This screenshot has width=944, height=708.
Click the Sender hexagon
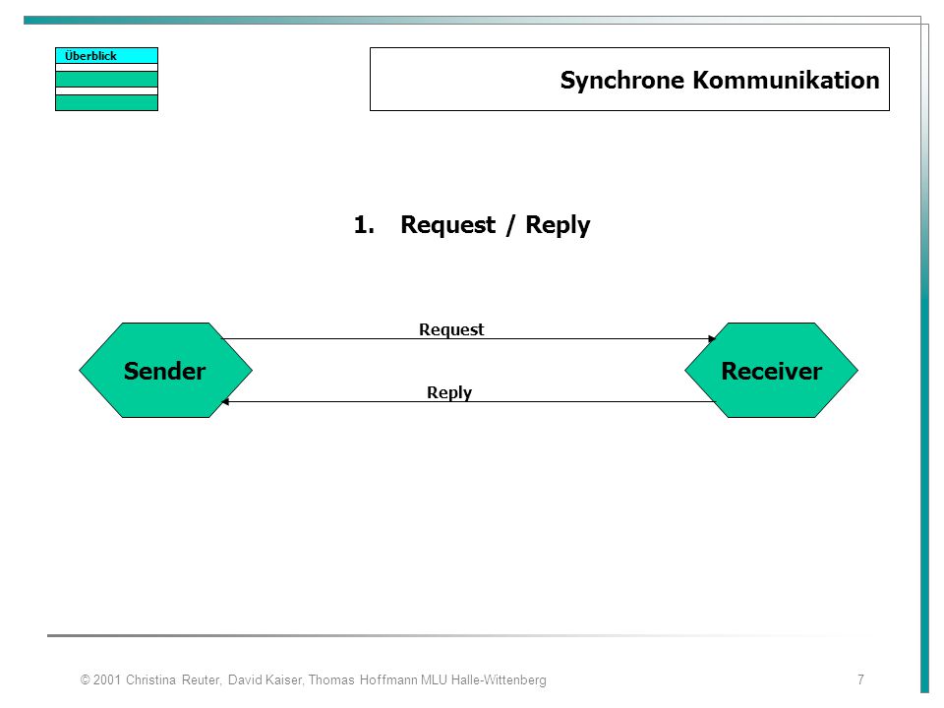(x=165, y=371)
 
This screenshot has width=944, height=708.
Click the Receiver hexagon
(x=771, y=371)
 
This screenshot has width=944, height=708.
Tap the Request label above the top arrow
(x=451, y=330)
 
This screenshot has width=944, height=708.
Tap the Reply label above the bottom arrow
(x=449, y=392)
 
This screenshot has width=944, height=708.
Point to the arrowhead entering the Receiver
(x=712, y=339)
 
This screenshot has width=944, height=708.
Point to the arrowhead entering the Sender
(x=225, y=401)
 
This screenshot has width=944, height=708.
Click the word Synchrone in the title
(x=621, y=80)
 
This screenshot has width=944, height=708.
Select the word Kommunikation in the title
(x=787, y=80)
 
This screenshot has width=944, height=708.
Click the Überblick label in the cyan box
(x=90, y=56)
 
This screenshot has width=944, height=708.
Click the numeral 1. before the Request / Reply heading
(x=364, y=224)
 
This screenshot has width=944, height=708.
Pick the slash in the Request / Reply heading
(x=510, y=225)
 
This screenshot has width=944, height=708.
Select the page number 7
(x=861, y=679)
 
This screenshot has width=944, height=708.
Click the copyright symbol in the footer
(x=85, y=679)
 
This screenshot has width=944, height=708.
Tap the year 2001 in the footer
(x=107, y=679)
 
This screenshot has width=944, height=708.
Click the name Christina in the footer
(x=150, y=679)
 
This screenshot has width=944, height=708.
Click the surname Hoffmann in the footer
(x=388, y=679)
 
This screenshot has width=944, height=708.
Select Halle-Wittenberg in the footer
(x=499, y=679)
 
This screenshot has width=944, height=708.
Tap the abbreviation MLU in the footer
(x=434, y=679)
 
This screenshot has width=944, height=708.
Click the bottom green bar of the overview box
(x=106, y=103)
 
